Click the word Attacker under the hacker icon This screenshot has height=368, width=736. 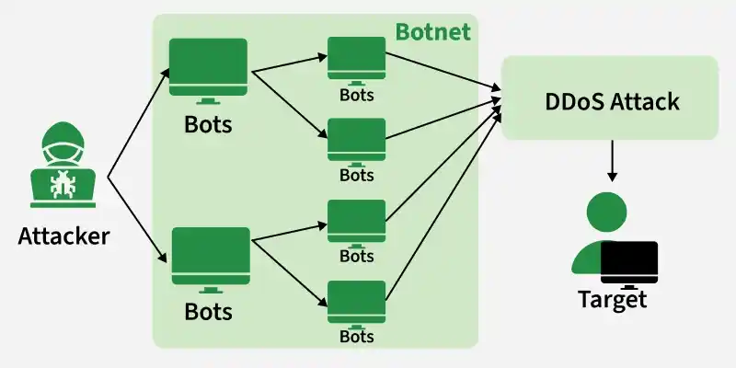pos(63,236)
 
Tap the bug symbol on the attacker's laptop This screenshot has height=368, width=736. pos(63,184)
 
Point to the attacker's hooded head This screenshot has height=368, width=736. pos(63,141)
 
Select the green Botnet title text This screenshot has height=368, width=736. pos(432,32)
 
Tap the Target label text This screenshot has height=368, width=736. pos(613,299)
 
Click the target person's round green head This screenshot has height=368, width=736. pos(607,212)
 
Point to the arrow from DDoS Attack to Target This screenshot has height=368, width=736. pos(612,160)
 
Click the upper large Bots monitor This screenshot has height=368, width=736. pos(209,71)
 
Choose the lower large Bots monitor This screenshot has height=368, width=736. pos(211,260)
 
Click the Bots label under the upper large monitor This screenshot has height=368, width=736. pos(208,124)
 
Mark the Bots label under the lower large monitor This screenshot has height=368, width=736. pos(208,311)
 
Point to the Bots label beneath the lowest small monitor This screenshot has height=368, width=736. pos(357,337)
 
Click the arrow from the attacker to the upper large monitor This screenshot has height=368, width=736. pos(139,123)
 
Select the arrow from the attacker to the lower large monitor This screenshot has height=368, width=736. pos(137,220)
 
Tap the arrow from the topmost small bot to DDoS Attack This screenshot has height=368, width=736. pos(443,71)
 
